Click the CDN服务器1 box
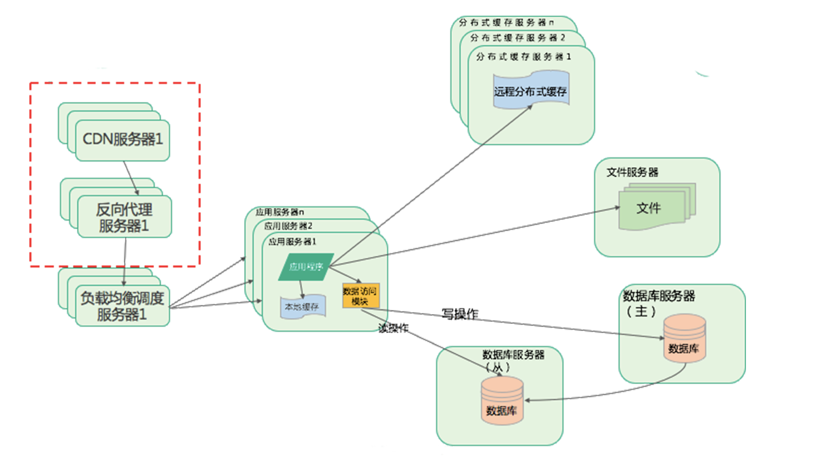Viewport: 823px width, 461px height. point(123,140)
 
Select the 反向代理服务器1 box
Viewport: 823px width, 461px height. point(124,218)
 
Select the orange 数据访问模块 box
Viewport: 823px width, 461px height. point(360,296)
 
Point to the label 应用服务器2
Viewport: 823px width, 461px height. point(288,226)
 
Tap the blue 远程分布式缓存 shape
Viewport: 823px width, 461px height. point(531,92)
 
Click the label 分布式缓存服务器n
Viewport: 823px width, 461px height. point(506,22)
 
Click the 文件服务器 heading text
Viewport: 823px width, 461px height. point(632,172)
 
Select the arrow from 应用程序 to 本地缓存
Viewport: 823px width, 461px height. point(302,287)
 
